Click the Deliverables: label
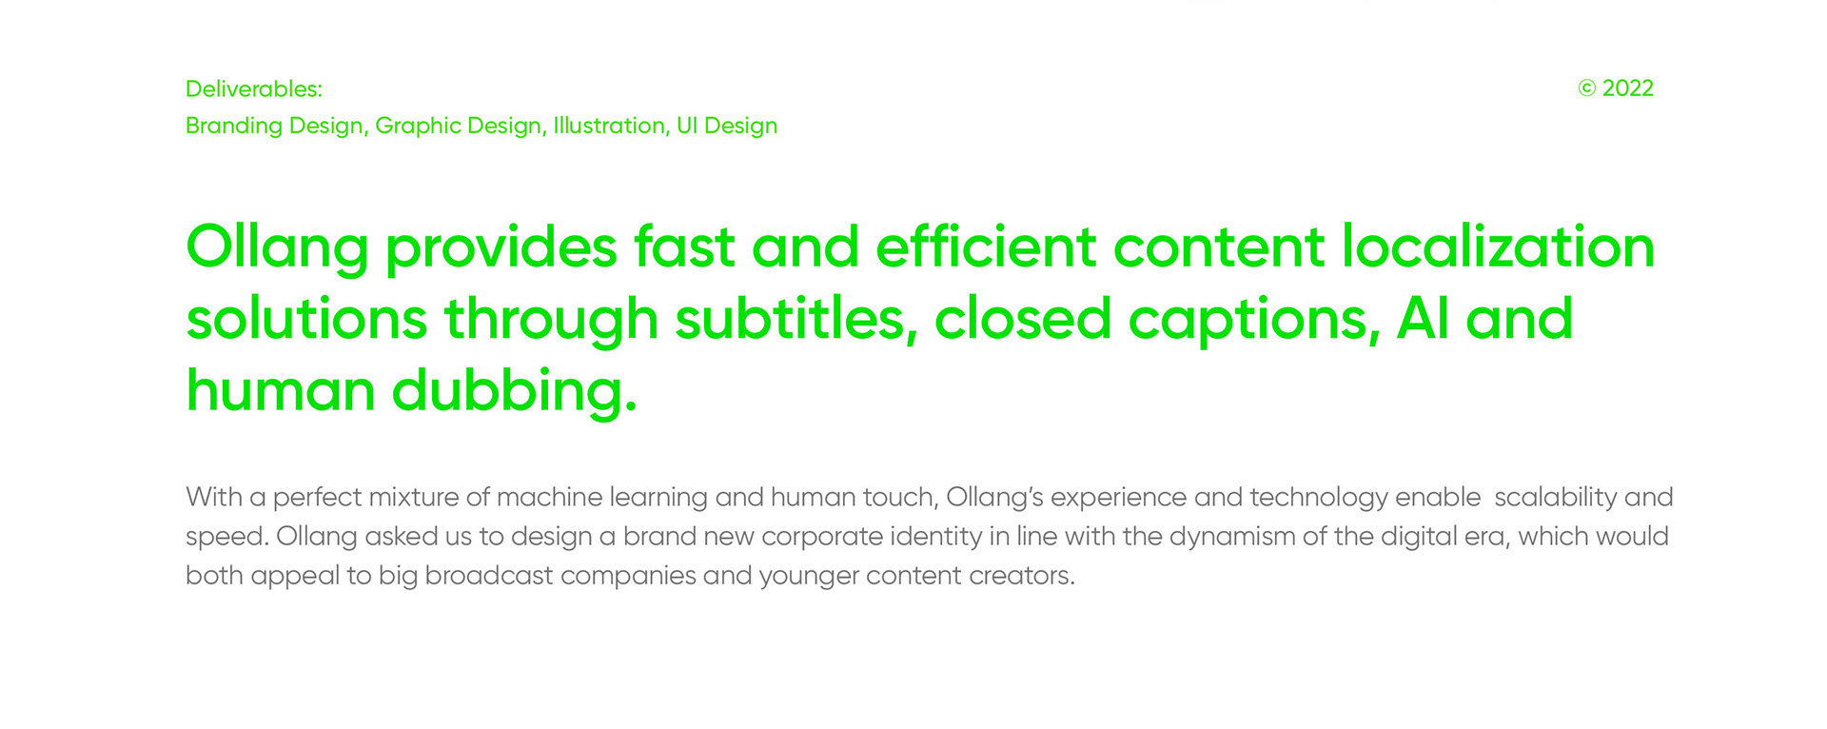[254, 89]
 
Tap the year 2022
[1628, 89]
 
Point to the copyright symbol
[1586, 89]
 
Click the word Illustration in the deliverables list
[610, 126]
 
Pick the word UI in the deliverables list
[686, 126]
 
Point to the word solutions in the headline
[306, 318]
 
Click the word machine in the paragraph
[549, 497]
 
